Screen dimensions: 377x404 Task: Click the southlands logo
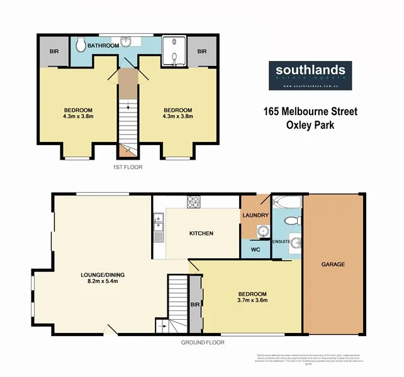310,75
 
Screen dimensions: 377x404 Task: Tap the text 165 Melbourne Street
310,112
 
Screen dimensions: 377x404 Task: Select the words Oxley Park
310,124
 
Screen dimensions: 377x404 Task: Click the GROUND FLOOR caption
203,342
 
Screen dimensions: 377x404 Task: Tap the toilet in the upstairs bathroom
80,45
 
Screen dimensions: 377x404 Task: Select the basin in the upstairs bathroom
128,42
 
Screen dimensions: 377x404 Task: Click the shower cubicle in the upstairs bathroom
174,51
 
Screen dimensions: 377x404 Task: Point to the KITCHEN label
201,233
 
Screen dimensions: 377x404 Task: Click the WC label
255,249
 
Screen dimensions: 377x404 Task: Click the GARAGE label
334,265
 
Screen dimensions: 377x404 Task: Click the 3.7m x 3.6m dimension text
252,300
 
